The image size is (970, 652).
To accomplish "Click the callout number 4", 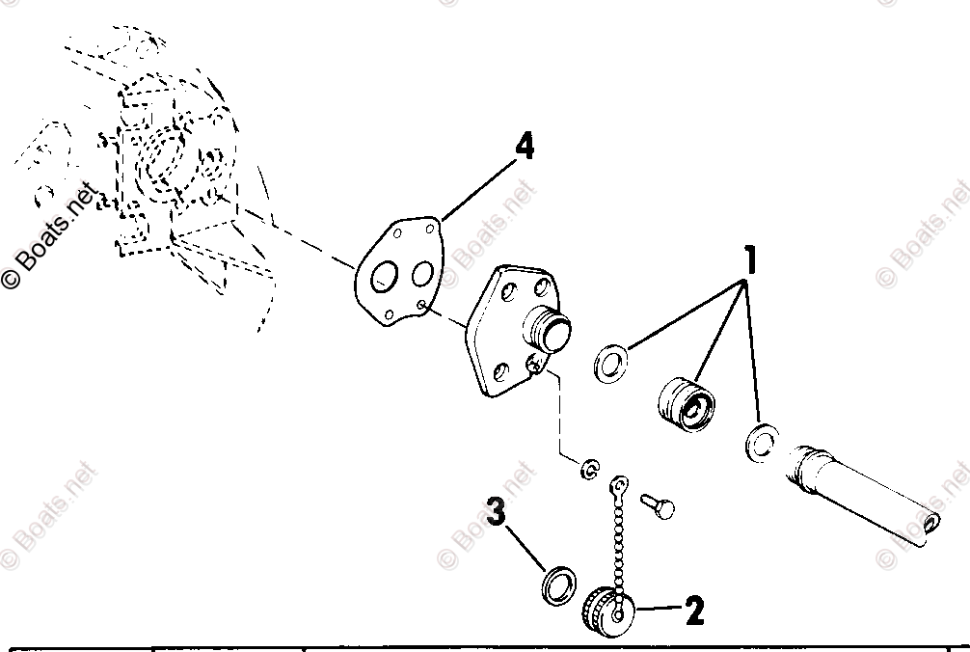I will (524, 148).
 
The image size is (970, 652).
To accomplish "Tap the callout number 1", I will (749, 259).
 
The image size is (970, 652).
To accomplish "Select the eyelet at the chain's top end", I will (621, 480).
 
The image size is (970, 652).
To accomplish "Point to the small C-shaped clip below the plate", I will (588, 471).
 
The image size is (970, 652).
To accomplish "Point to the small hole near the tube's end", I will (930, 524).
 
